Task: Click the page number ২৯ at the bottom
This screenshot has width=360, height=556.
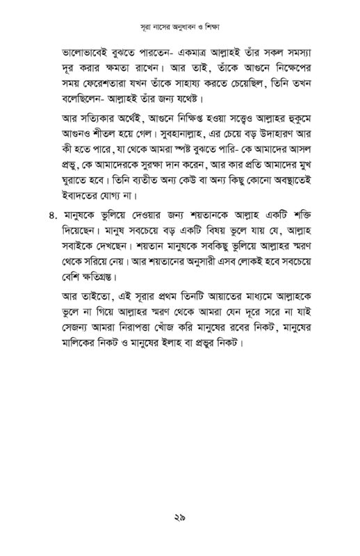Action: tap(180, 516)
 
